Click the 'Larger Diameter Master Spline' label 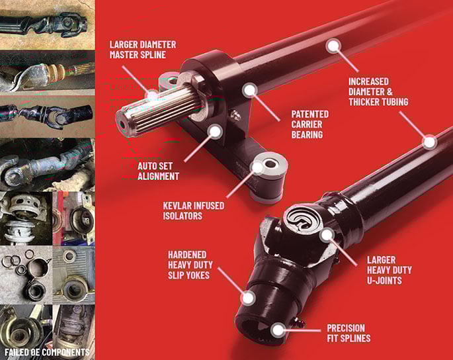pos(143,50)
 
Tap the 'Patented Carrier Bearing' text pos(309,124)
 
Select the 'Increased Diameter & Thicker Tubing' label pos(378,92)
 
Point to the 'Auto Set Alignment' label pos(158,171)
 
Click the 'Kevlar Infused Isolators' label pos(194,210)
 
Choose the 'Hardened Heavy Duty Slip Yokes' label pos(190,265)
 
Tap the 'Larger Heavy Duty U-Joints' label pos(389,270)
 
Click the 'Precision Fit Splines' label pos(349,333)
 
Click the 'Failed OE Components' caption pos(47,352)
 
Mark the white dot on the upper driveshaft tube pos(333,46)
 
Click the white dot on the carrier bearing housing pos(249,90)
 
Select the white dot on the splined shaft pos(152,96)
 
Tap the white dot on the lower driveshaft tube pos(429,142)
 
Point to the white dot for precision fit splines pos(278,330)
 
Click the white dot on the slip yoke pos(248,298)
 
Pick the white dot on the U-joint pos(327,234)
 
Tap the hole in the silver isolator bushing pos(270,165)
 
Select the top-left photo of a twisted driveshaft pos(48,25)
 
